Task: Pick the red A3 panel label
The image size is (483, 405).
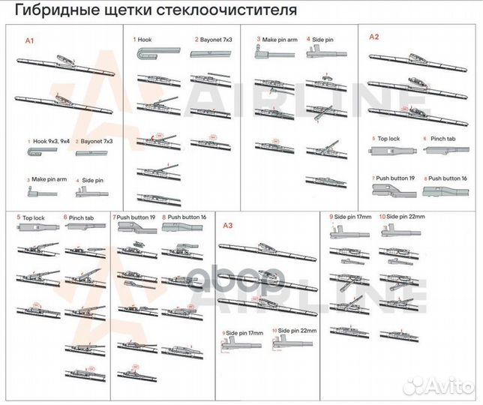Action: [x=228, y=224]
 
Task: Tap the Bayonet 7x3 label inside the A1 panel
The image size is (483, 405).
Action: [x=97, y=141]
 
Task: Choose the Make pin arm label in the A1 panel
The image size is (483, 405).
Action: [x=49, y=180]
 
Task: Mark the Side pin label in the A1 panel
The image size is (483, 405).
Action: [x=92, y=180]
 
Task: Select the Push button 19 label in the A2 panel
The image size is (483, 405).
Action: [x=394, y=178]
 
